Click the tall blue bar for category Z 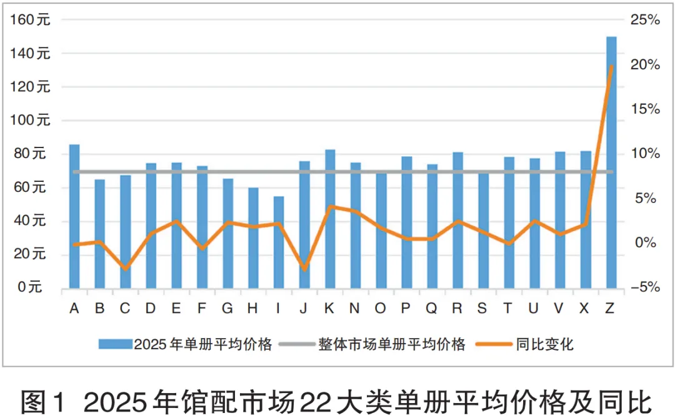[x=611, y=162]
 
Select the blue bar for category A [x=74, y=216]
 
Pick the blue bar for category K [x=330, y=219]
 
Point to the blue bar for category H [x=253, y=237]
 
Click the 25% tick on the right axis [x=644, y=20]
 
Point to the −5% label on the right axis [x=644, y=287]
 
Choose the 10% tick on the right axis [x=644, y=154]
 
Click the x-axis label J [x=304, y=308]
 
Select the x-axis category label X [x=585, y=308]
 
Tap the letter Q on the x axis [x=432, y=308]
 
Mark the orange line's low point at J [x=304, y=269]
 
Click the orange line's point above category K [x=330, y=206]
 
